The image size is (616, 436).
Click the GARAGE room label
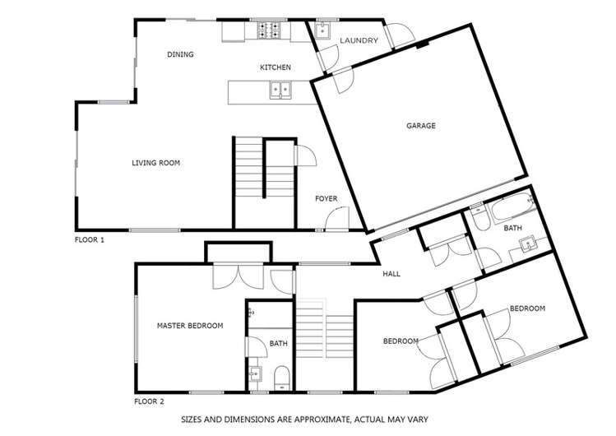(421, 126)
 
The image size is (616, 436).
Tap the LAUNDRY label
(359, 40)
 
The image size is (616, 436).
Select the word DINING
(180, 54)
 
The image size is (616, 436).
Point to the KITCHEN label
(276, 67)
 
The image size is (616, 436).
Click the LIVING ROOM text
(155, 163)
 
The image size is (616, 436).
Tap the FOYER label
(326, 199)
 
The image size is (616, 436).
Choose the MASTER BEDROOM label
(190, 326)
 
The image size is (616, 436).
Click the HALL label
(391, 274)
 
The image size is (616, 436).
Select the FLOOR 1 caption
(90, 239)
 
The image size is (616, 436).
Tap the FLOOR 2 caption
(150, 401)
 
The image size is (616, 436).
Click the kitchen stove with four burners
(269, 30)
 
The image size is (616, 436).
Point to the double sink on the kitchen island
(280, 90)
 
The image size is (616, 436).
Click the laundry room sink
(322, 30)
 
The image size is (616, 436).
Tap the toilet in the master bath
(281, 378)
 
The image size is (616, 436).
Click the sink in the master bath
(255, 373)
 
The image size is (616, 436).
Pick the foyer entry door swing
(336, 219)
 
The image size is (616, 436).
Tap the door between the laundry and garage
(344, 80)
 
